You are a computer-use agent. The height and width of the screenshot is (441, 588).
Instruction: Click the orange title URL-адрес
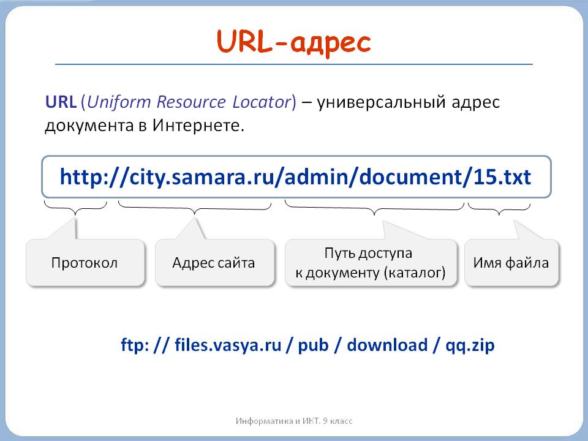[x=294, y=42]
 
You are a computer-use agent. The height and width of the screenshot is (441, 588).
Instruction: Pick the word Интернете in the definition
[x=198, y=126]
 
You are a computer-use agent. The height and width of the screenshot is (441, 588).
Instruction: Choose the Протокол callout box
[x=85, y=263]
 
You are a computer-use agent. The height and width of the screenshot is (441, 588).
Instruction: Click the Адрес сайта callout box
[x=214, y=263]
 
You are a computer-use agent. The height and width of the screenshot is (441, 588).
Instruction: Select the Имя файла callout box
[x=511, y=263]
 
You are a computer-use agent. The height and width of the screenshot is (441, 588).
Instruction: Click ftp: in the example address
[x=134, y=345]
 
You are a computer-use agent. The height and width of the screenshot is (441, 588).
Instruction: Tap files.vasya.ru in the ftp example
[x=227, y=345]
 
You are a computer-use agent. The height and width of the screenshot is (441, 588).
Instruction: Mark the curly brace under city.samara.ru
[x=195, y=209]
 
